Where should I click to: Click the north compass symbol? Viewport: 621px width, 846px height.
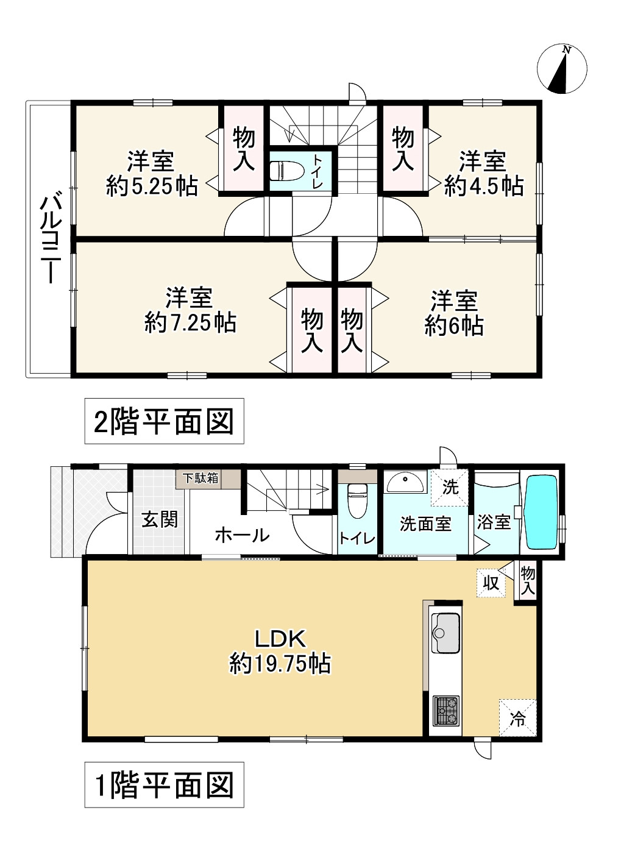coord(562,69)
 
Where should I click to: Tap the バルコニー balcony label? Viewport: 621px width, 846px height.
coord(49,239)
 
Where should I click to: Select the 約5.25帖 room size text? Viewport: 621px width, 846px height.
coord(152,185)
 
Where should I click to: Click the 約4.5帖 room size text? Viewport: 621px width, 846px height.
coord(484,185)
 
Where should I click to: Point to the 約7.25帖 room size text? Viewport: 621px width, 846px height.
coord(190,322)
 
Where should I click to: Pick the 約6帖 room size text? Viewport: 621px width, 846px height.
coord(454,326)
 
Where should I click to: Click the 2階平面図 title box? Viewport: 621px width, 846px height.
coord(164,421)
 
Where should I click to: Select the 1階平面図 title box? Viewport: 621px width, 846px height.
coord(164,784)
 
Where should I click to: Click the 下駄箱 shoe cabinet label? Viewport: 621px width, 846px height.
coord(199,478)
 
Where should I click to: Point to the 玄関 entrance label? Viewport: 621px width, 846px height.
coord(160,519)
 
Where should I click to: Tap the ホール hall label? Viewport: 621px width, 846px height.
coord(242,535)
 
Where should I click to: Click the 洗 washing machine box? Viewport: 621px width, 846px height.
coord(450,487)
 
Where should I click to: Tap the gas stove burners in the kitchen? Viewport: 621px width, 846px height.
coord(447,709)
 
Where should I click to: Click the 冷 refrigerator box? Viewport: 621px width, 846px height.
coord(517,718)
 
